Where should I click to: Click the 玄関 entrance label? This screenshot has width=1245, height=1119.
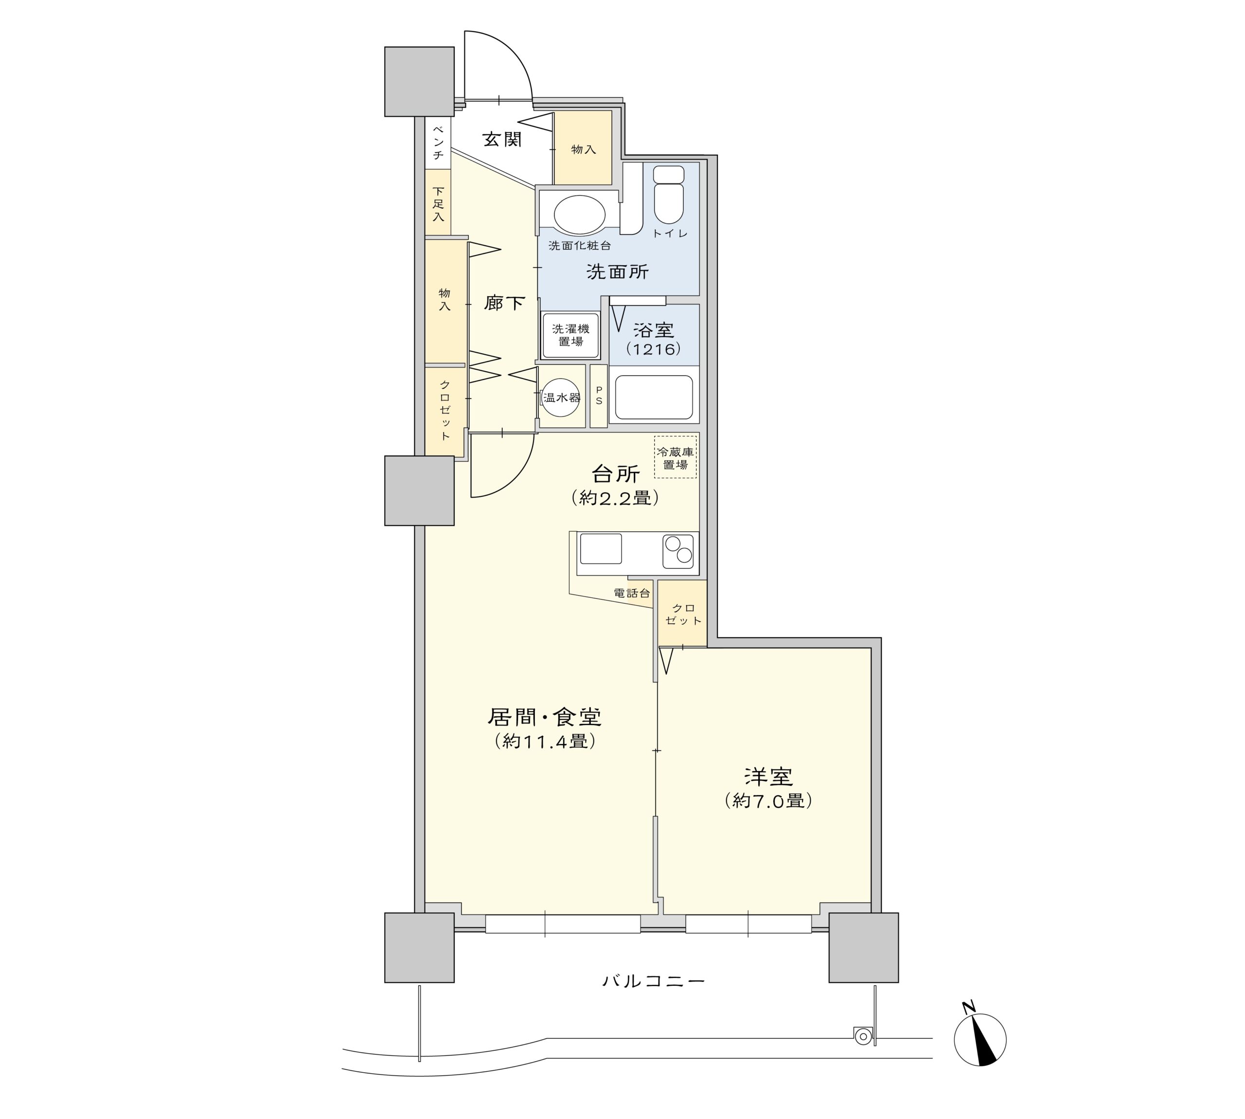(501, 140)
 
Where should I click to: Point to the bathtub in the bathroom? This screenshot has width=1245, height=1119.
(654, 397)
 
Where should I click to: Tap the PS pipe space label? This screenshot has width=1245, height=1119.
(599, 396)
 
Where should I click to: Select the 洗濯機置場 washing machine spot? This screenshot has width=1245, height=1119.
(570, 336)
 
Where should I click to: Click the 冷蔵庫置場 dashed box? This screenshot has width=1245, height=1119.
(676, 457)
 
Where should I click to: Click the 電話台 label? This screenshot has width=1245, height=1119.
(632, 594)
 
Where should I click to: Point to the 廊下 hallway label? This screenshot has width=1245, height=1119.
(504, 303)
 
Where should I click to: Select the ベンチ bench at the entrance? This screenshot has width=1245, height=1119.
(438, 143)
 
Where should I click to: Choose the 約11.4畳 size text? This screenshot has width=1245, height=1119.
(545, 741)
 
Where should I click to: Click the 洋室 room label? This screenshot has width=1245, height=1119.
(768, 776)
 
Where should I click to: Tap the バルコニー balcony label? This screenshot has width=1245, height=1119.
(653, 980)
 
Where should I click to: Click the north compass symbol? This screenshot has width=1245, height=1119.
(979, 1040)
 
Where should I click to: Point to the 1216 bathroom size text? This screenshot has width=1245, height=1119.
(654, 349)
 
